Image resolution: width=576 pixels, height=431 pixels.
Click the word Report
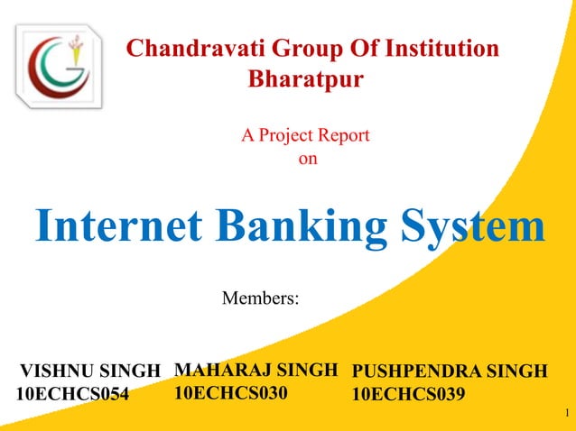[x=343, y=136]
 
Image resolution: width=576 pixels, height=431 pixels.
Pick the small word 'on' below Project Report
[x=308, y=160]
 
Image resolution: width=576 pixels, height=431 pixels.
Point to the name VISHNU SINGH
[x=90, y=371]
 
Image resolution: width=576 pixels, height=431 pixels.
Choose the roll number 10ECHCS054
[x=73, y=394]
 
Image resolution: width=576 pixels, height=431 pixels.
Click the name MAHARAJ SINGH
[x=255, y=369]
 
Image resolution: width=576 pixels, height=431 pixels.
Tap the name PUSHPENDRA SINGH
[x=449, y=371]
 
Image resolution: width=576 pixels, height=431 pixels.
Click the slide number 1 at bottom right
[x=564, y=415]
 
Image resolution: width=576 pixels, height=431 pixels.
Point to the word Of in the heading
[x=350, y=49]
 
